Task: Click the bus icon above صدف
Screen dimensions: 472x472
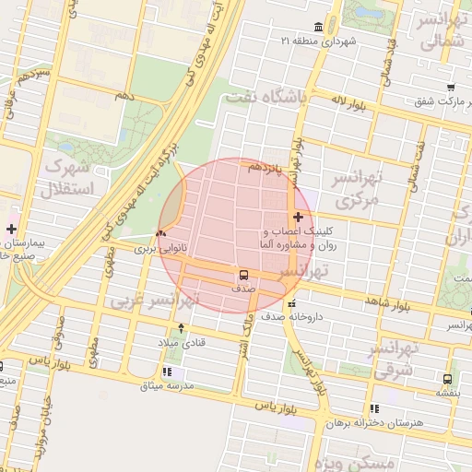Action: tap(244, 275)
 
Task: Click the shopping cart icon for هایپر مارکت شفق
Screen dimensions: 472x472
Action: tap(451, 88)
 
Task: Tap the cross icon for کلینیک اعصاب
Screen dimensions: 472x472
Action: tap(297, 217)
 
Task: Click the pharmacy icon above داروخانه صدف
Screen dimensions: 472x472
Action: tap(291, 303)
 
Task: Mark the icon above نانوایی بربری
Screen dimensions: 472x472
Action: tap(163, 234)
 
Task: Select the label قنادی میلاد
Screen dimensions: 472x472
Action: tap(181, 343)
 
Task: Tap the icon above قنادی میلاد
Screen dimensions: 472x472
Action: tap(181, 327)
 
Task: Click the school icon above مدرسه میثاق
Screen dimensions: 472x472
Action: tap(167, 372)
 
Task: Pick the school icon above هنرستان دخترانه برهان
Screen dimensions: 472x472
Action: tap(373, 408)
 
